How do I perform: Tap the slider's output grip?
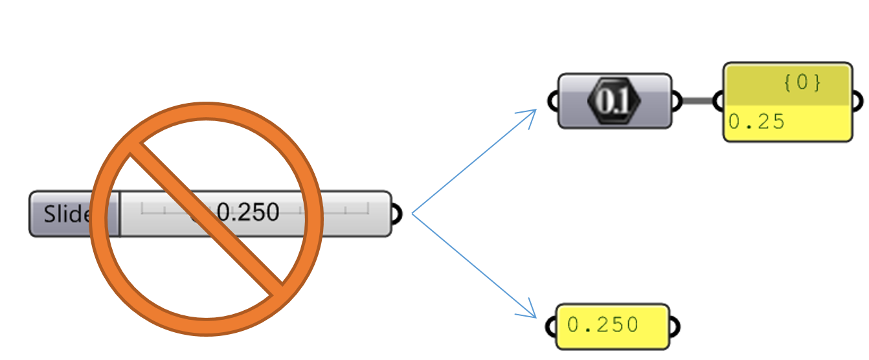coord(396,214)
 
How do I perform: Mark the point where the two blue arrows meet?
coord(412,213)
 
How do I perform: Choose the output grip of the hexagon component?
coord(676,101)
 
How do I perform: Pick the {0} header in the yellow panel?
coord(802,84)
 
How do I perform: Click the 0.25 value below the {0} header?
coord(756,122)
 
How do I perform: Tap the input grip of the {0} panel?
coord(718,102)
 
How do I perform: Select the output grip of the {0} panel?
coord(857,102)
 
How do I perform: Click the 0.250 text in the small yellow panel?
coord(602,325)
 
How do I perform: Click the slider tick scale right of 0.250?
coord(337,209)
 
